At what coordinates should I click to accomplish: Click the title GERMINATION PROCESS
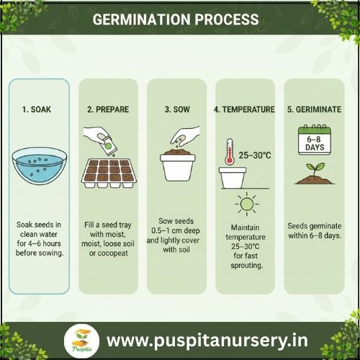coord(176,19)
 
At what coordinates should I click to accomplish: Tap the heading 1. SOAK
coord(37,109)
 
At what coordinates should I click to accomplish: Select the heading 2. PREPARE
coord(108,109)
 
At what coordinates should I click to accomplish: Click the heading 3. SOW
coord(177,109)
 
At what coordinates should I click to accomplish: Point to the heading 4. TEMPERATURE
coord(244,109)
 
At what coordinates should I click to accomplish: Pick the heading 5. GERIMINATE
coord(314,109)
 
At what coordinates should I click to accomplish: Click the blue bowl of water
coord(40,166)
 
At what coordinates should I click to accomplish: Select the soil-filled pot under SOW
coord(178,165)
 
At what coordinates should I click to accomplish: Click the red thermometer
coord(230,152)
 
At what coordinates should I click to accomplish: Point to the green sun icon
coord(247,204)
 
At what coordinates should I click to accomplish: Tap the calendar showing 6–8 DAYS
coord(315,140)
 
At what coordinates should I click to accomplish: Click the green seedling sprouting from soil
coord(315,174)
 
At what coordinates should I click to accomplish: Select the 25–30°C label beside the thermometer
coord(255,156)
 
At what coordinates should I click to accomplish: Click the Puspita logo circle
coord(81,341)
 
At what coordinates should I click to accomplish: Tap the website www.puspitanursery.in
coord(207,341)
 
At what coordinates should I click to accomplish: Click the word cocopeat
coord(113,253)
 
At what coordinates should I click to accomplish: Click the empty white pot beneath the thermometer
coord(233,178)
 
